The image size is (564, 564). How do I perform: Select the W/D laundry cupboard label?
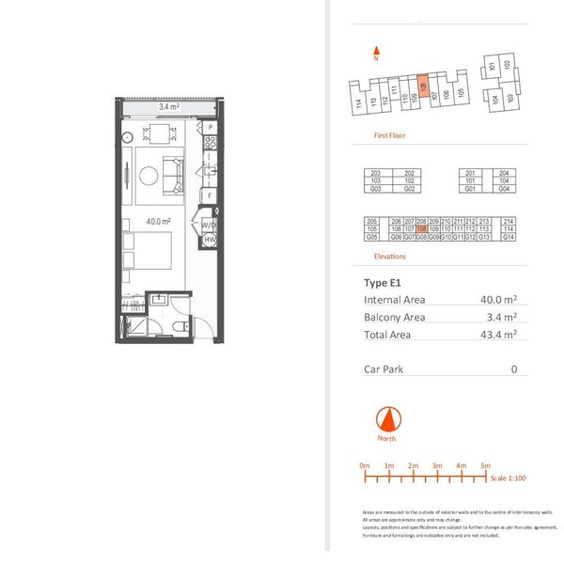coord(209,226)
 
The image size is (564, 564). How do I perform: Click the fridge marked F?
coord(211,195)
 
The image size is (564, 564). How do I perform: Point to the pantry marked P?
coord(211,127)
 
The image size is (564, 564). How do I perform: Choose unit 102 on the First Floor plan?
coord(507,65)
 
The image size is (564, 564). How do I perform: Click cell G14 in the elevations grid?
coord(509,237)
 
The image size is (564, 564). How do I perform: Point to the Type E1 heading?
coord(383,282)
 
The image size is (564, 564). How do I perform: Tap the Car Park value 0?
coord(514,369)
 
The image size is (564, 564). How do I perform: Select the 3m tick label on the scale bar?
coord(437,465)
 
